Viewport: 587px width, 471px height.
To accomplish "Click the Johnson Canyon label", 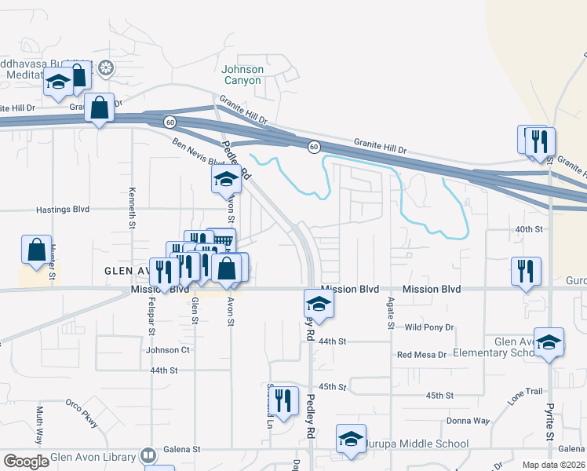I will tap(242, 75).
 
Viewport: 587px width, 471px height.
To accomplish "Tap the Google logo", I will tap(26, 462).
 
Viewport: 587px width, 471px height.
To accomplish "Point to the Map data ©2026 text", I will tap(554, 465).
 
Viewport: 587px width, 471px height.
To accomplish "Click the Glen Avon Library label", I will tap(93, 456).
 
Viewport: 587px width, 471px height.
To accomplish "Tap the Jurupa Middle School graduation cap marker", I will tap(351, 440).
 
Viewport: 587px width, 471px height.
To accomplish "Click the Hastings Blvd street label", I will tap(63, 210).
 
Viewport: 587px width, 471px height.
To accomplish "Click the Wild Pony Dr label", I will tap(428, 327).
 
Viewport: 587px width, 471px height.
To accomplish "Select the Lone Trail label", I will tap(525, 396).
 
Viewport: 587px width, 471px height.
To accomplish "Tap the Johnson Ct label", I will tap(168, 350).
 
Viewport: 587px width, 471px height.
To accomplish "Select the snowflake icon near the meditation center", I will tap(104, 68).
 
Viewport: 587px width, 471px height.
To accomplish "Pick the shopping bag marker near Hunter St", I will tap(37, 250).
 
